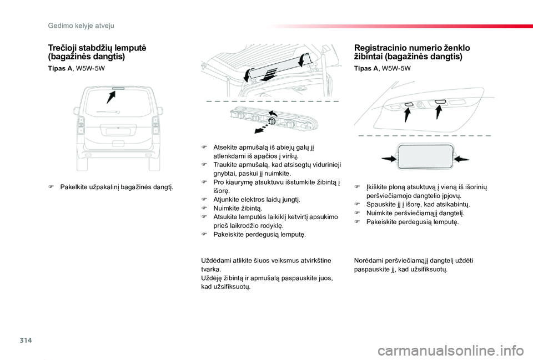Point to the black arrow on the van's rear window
tap(111, 98)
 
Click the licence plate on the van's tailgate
tap(117, 131)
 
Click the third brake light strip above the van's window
tap(117, 88)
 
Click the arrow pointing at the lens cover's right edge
tap(462, 158)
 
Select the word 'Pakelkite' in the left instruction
tap(73, 187)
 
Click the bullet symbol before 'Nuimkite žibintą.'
tap(204, 208)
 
